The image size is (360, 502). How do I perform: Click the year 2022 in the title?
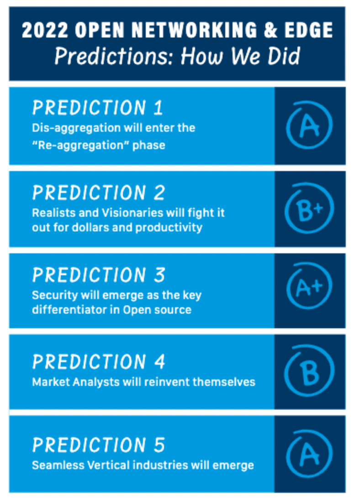pos(45,30)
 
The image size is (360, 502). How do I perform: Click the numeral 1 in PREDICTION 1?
pos(158,107)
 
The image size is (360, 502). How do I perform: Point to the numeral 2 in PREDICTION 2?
pos(159,193)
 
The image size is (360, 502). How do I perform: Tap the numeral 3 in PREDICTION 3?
pos(159,275)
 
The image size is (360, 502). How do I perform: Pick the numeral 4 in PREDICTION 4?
pos(159,362)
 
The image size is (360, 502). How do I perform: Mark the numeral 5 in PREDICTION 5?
pos(159,445)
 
